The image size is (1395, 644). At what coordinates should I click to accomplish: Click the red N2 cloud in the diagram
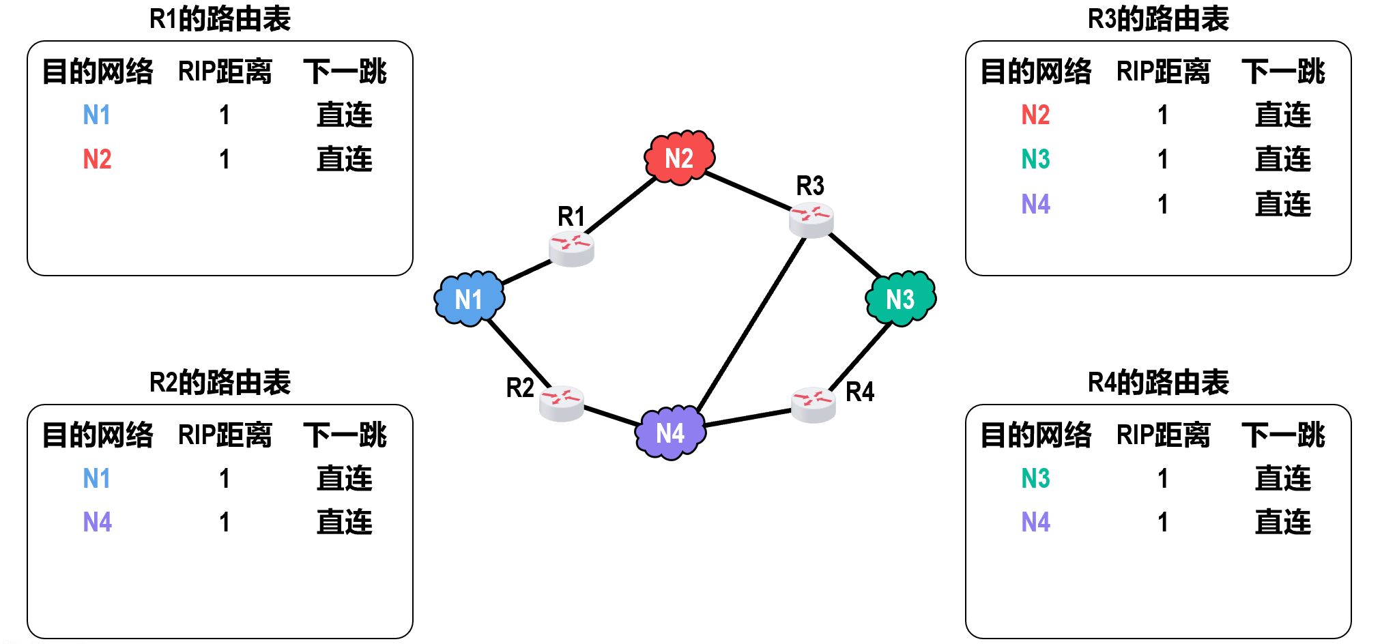click(x=679, y=158)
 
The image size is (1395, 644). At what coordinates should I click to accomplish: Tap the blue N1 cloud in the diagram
click(x=469, y=299)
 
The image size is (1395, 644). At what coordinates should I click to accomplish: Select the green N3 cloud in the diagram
click(x=900, y=299)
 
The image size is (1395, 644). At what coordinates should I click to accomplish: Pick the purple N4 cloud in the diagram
click(x=670, y=433)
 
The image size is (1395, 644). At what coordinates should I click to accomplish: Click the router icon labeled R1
click(x=571, y=248)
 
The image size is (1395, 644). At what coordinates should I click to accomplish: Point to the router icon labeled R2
click(x=561, y=403)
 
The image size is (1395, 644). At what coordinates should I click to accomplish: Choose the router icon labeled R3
click(x=811, y=220)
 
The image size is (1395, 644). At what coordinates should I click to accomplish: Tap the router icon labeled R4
click(x=813, y=405)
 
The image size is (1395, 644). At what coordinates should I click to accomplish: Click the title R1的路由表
click(x=220, y=19)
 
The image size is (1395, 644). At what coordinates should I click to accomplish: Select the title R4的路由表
click(x=1158, y=383)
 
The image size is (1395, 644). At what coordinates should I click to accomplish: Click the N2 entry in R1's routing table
click(x=97, y=160)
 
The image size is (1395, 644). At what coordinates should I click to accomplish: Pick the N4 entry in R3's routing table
click(x=1035, y=204)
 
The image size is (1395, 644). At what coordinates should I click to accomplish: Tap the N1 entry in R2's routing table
click(x=97, y=478)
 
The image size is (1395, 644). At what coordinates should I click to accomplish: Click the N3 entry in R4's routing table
click(x=1035, y=478)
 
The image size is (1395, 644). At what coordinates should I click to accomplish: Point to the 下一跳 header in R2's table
click(x=345, y=435)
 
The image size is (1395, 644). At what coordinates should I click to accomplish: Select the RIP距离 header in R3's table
click(x=1163, y=72)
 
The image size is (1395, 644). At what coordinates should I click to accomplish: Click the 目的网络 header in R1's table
click(x=98, y=72)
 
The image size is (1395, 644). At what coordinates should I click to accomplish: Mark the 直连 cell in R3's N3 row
click(x=1282, y=160)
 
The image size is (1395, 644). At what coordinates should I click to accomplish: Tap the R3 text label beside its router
click(x=810, y=186)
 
